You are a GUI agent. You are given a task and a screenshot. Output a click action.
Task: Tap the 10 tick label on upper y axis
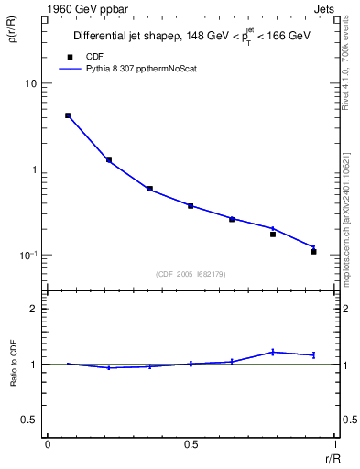coord(29,83)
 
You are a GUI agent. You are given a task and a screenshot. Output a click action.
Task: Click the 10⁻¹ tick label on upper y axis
coord(27,255)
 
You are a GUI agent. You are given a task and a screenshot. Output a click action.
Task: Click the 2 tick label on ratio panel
coord(33,309)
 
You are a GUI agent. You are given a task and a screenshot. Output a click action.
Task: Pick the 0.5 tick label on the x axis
coord(191,443)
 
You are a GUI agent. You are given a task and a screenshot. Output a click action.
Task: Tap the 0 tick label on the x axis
coord(48,443)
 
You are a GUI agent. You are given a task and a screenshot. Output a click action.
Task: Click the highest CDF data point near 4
coord(68,115)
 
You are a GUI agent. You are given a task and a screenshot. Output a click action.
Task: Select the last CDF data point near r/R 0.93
coord(313,251)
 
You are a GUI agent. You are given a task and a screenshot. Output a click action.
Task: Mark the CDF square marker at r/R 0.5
coord(191,206)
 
